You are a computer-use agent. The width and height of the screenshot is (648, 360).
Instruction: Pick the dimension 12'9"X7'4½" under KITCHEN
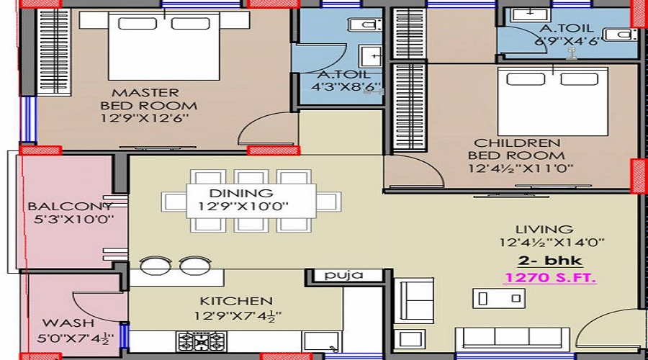click(236, 315)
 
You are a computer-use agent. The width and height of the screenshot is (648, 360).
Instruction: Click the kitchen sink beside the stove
click(315, 341)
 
